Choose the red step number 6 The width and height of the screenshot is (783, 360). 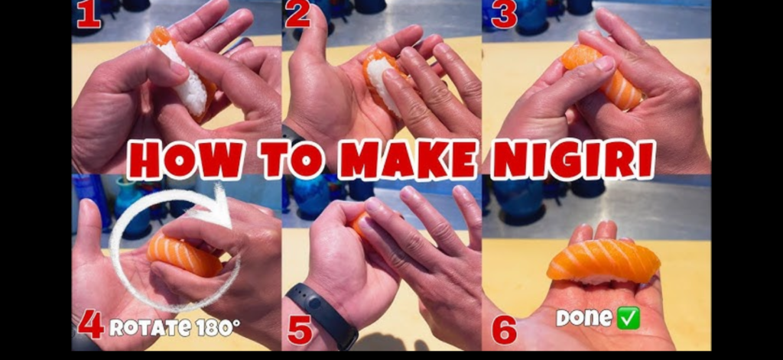click(505, 329)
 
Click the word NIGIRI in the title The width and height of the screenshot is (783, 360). click(573, 159)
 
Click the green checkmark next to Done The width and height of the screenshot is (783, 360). click(629, 319)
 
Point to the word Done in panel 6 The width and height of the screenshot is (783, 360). click(584, 317)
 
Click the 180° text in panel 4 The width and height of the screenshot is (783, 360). click(218, 327)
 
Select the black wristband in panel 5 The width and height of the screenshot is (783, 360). click(322, 314)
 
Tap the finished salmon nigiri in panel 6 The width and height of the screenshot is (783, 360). click(603, 261)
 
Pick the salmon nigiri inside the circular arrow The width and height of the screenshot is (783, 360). click(184, 254)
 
